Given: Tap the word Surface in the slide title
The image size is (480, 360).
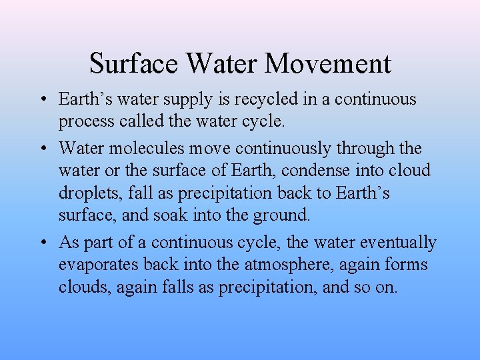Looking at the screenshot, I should click(x=134, y=64).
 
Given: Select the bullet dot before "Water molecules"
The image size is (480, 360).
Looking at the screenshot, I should click(x=42, y=148).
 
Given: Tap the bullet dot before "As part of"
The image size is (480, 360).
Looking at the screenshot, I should click(x=42, y=243).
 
